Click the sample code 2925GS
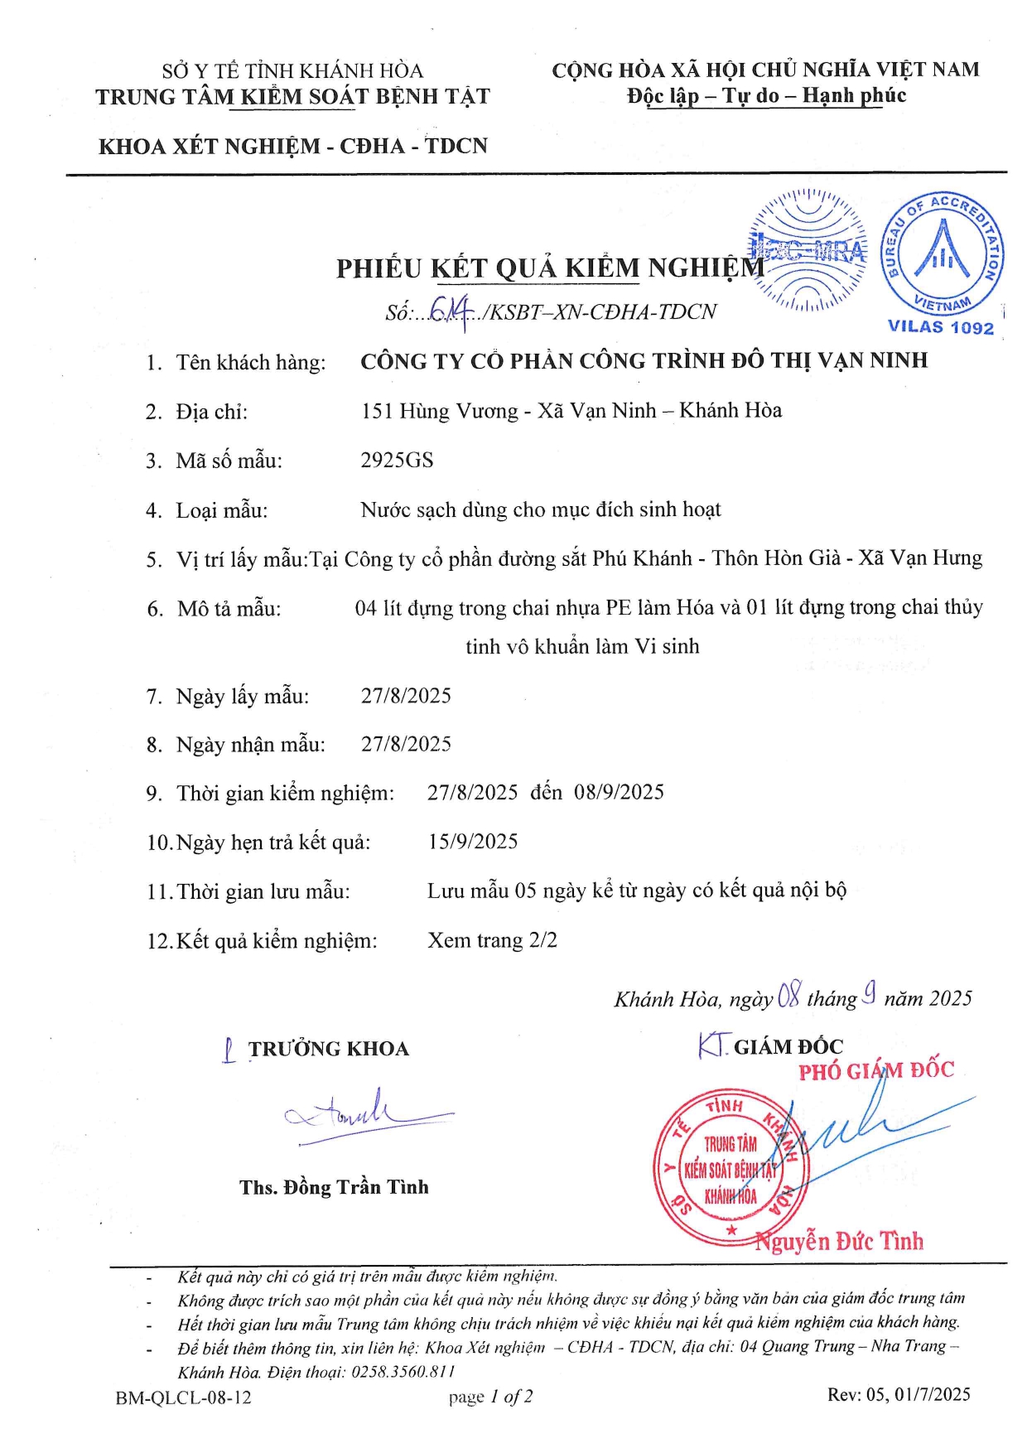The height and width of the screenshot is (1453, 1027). (x=397, y=461)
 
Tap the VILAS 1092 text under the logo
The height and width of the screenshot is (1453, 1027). (x=940, y=327)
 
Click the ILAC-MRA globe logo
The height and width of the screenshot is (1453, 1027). (x=808, y=249)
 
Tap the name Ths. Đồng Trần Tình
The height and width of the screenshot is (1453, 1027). (x=334, y=1187)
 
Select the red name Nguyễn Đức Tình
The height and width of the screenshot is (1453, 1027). (x=839, y=1241)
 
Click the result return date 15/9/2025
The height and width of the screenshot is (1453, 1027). (x=473, y=842)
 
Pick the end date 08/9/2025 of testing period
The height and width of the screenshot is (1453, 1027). (x=619, y=793)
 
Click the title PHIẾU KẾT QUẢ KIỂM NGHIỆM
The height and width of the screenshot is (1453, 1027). (x=550, y=268)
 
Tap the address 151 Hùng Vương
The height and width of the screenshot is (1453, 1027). (x=439, y=411)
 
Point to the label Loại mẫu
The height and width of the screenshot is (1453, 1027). (x=221, y=510)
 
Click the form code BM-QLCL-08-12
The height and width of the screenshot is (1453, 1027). (x=183, y=1397)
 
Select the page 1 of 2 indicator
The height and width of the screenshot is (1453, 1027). (x=490, y=1397)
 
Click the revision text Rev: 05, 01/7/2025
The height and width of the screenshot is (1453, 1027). (x=899, y=1394)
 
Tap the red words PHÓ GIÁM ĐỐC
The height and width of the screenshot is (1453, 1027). (x=876, y=1070)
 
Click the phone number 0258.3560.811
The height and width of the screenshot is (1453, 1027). (x=403, y=1372)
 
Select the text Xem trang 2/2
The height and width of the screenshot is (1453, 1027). (x=492, y=940)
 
